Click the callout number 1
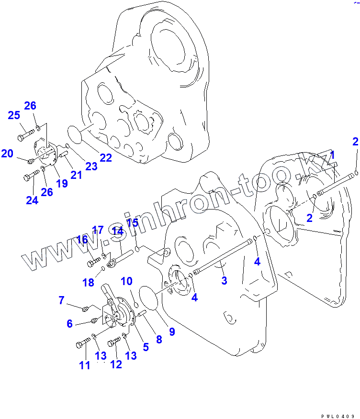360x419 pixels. coord(332,155)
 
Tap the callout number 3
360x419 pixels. coord(224,280)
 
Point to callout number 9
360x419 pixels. coord(171,331)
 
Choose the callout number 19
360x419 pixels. coord(61,183)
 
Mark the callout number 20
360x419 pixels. coord(7,154)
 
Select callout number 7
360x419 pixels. coord(61,300)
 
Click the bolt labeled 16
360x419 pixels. coord(93,263)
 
